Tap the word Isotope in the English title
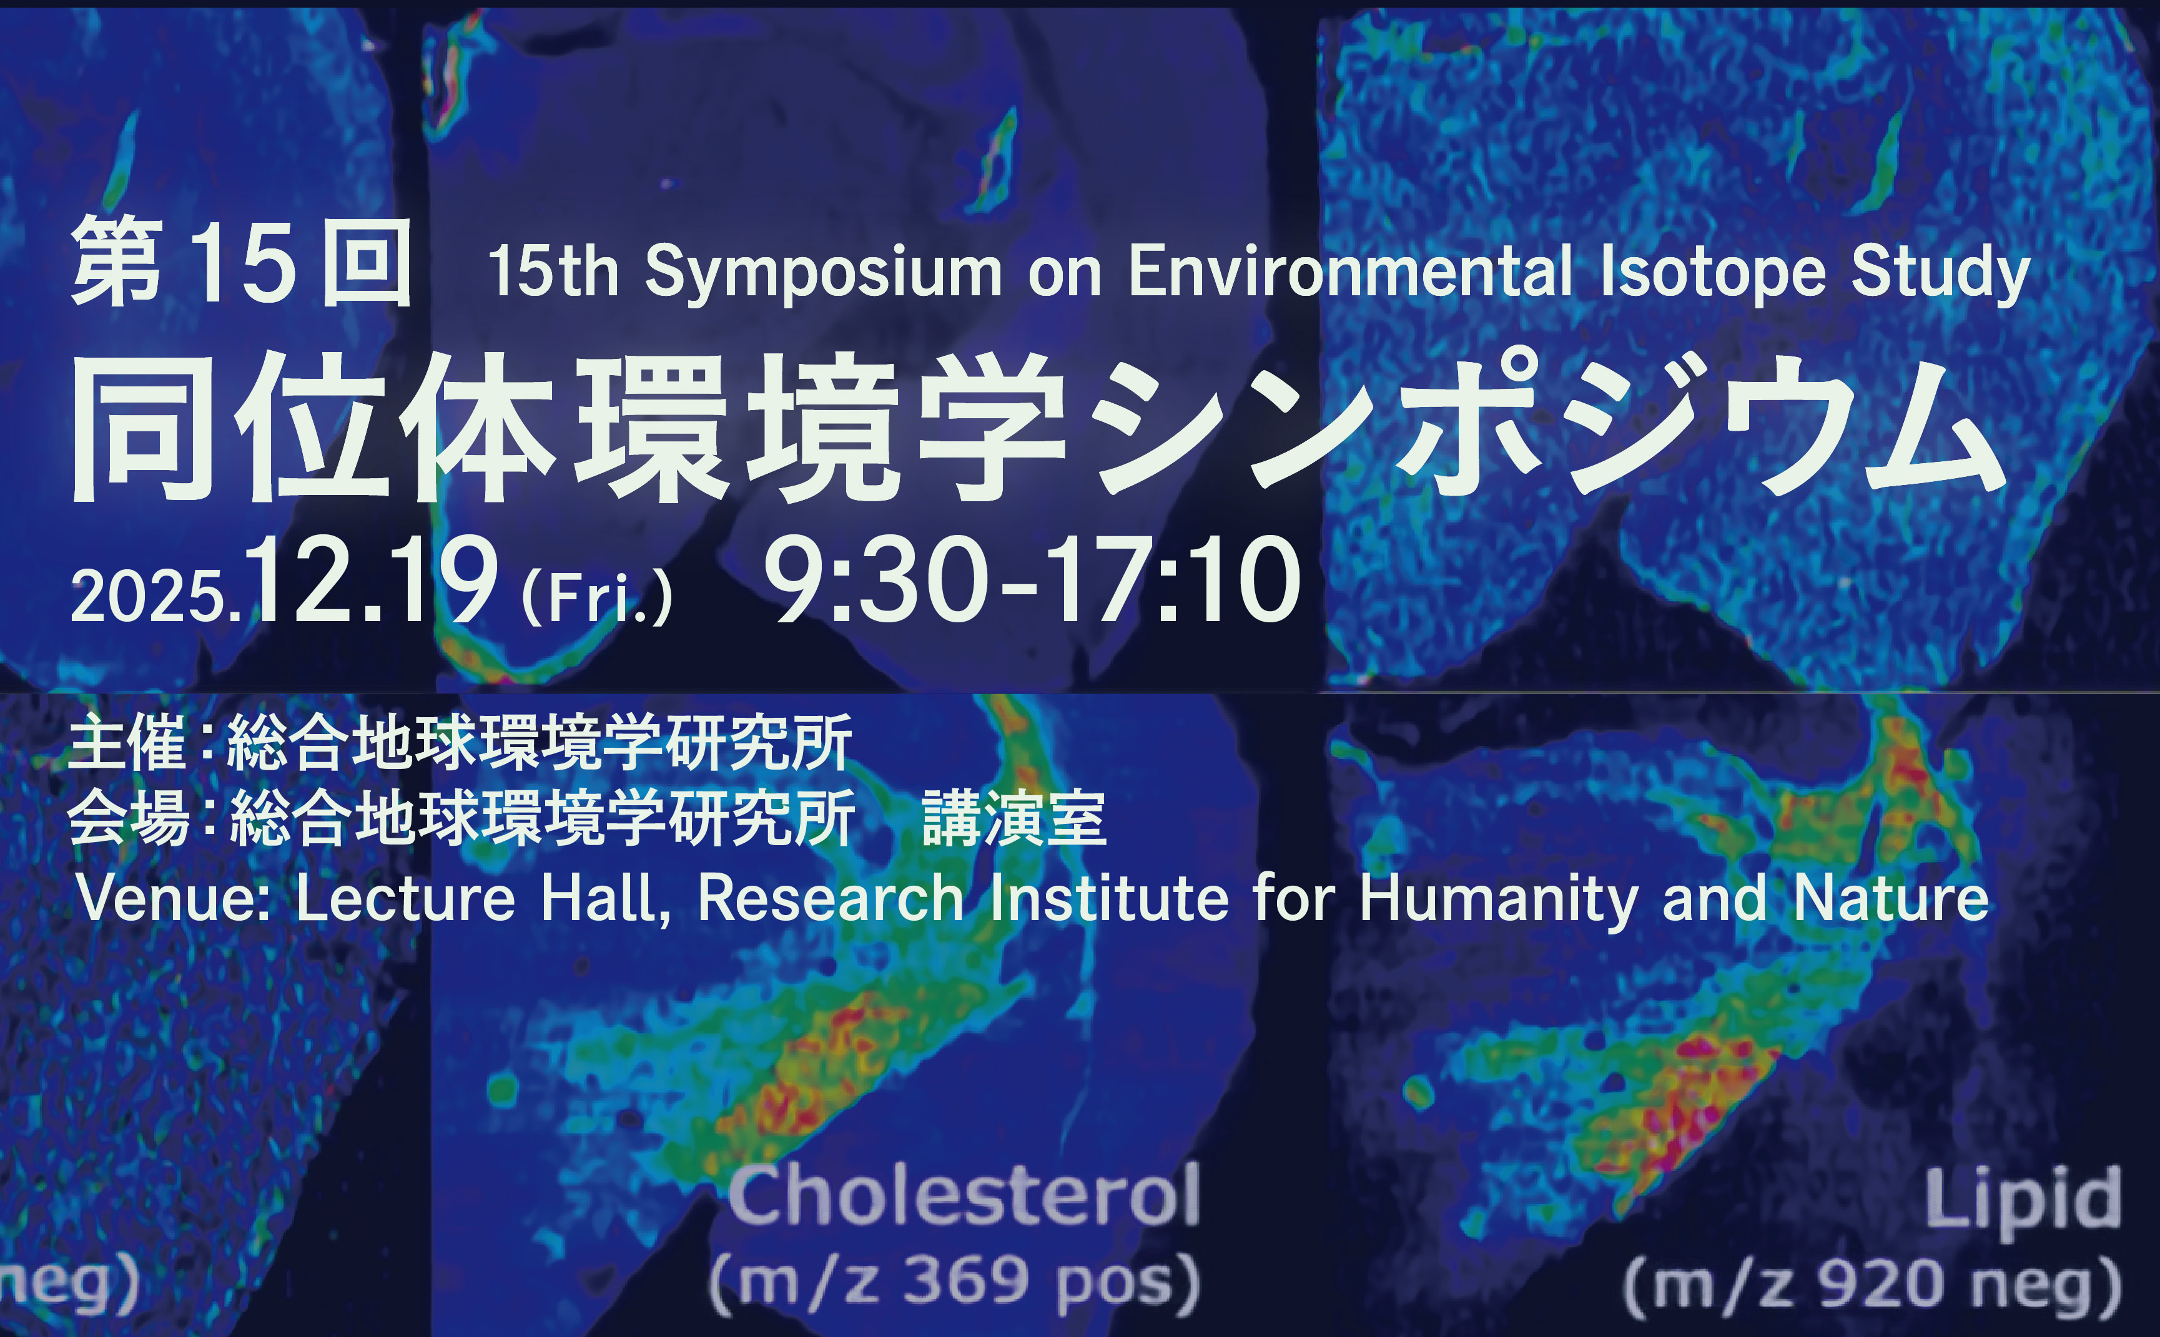click(1712, 273)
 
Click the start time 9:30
click(875, 580)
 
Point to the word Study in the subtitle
click(1941, 273)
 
